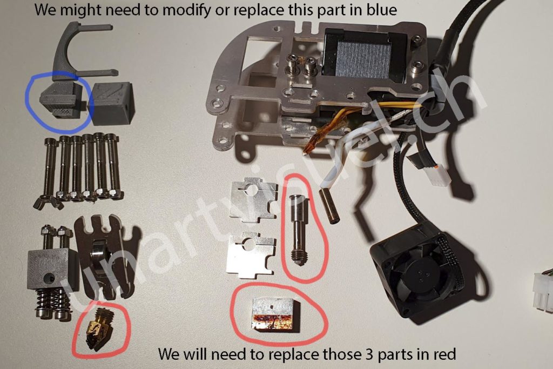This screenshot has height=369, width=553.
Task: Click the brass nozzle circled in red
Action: pos(98,328)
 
